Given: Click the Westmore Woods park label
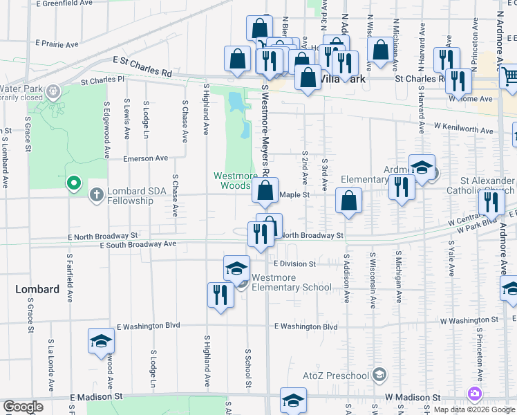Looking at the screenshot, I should click(x=235, y=181).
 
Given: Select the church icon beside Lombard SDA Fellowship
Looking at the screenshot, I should click(x=96, y=196).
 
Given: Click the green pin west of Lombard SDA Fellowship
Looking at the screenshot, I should click(x=74, y=184).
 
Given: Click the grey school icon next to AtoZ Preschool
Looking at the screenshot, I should click(x=378, y=376).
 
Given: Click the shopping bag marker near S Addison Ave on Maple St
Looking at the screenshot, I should click(x=349, y=201).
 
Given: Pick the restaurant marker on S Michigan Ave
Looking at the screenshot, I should click(x=401, y=187).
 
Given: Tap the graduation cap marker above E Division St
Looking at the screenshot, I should click(x=236, y=268).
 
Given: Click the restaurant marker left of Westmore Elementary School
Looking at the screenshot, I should click(x=220, y=295).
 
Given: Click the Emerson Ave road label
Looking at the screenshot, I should click(x=146, y=158).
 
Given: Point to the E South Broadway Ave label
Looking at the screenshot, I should click(x=138, y=245).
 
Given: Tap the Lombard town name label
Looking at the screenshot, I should click(x=37, y=289).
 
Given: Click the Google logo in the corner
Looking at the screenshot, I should click(x=23, y=407).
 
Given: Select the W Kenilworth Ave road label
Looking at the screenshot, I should click(x=464, y=129).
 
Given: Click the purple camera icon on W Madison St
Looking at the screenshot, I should click(x=474, y=394).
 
